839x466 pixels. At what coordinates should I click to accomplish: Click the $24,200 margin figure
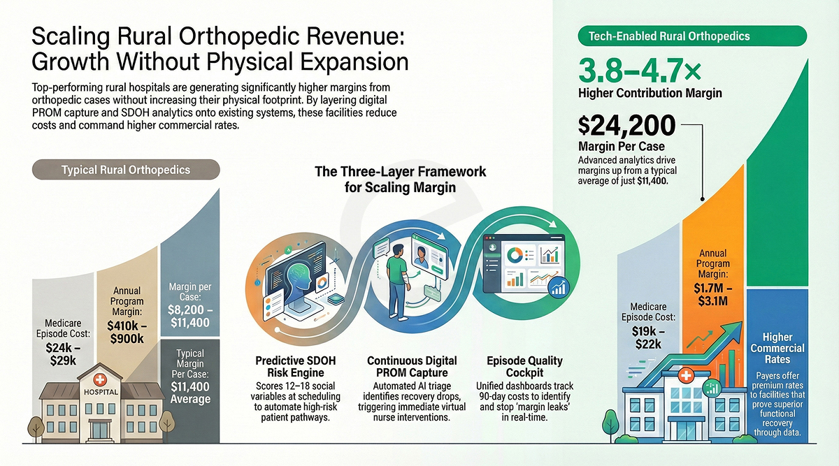[627, 126]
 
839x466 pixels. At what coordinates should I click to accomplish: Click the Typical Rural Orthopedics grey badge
[127, 170]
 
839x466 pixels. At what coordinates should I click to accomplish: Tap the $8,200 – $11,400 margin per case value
[190, 316]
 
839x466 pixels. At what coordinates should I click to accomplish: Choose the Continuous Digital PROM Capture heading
[412, 367]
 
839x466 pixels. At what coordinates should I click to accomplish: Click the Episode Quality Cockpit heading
[524, 367]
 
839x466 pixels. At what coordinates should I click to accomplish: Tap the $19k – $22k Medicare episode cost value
[648, 338]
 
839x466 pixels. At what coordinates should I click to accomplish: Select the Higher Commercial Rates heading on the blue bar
[777, 348]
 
